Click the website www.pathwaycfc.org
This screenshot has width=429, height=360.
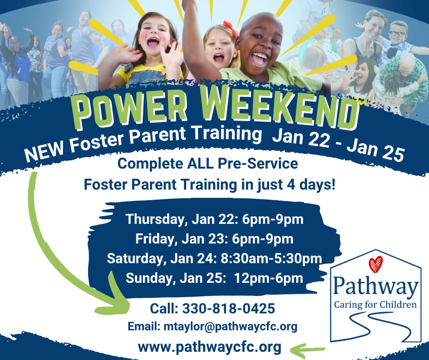point(209,347)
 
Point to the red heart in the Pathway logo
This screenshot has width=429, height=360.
point(375,265)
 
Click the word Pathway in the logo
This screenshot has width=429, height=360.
point(375,286)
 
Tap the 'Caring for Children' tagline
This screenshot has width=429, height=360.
point(375,305)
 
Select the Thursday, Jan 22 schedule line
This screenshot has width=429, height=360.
point(214,219)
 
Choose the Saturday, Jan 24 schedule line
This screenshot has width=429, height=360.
point(214,259)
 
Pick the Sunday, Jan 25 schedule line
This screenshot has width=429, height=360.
point(214,278)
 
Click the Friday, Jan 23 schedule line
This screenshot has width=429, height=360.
point(214,239)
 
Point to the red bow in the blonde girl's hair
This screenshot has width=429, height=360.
point(231,28)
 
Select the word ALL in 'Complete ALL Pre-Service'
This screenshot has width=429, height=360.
point(200,164)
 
